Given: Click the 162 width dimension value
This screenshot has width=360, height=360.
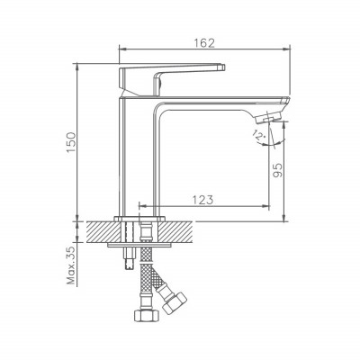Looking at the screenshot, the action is tap(204, 43).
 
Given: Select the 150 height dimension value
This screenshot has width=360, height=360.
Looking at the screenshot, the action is tap(72, 142).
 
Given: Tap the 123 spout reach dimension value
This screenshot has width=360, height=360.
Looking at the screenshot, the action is tap(202, 200).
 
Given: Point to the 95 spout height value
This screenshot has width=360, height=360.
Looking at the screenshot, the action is tap(278, 170).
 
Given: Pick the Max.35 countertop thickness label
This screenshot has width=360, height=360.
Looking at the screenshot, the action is tap(72, 265).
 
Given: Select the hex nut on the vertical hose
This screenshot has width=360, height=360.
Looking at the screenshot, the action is tap(146, 315).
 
